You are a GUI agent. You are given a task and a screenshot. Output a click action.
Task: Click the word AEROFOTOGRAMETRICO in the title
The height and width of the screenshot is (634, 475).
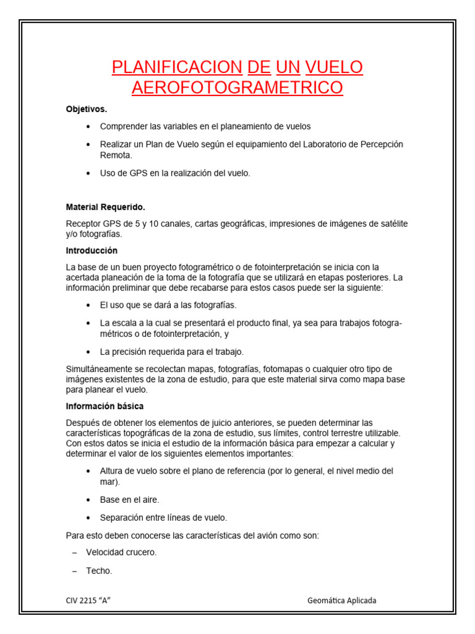coord(237,87)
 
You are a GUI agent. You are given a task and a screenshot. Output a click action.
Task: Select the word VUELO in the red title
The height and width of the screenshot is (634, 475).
coord(334,67)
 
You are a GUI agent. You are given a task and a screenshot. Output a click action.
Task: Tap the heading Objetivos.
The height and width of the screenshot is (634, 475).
coord(87,110)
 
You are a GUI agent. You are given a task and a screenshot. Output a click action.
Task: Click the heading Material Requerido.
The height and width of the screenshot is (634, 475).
coord(106,207)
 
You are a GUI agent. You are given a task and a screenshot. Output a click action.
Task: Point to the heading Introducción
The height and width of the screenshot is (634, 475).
coord(92,251)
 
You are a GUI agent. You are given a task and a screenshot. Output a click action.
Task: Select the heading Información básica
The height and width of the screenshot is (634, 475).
coord(105,406)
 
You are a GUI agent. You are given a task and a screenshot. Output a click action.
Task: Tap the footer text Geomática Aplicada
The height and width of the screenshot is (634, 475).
coord(341,601)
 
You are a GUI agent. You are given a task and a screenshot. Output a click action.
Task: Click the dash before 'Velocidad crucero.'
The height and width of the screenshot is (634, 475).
coord(74,552)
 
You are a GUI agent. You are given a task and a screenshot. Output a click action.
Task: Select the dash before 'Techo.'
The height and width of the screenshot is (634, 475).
coord(74,571)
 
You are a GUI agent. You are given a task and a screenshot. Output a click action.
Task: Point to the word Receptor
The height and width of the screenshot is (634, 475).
coord(83,224)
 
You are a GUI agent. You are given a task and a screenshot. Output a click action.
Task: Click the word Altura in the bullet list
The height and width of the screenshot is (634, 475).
coord(112,471)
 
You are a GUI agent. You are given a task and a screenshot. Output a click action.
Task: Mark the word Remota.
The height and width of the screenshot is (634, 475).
coord(116,155)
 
